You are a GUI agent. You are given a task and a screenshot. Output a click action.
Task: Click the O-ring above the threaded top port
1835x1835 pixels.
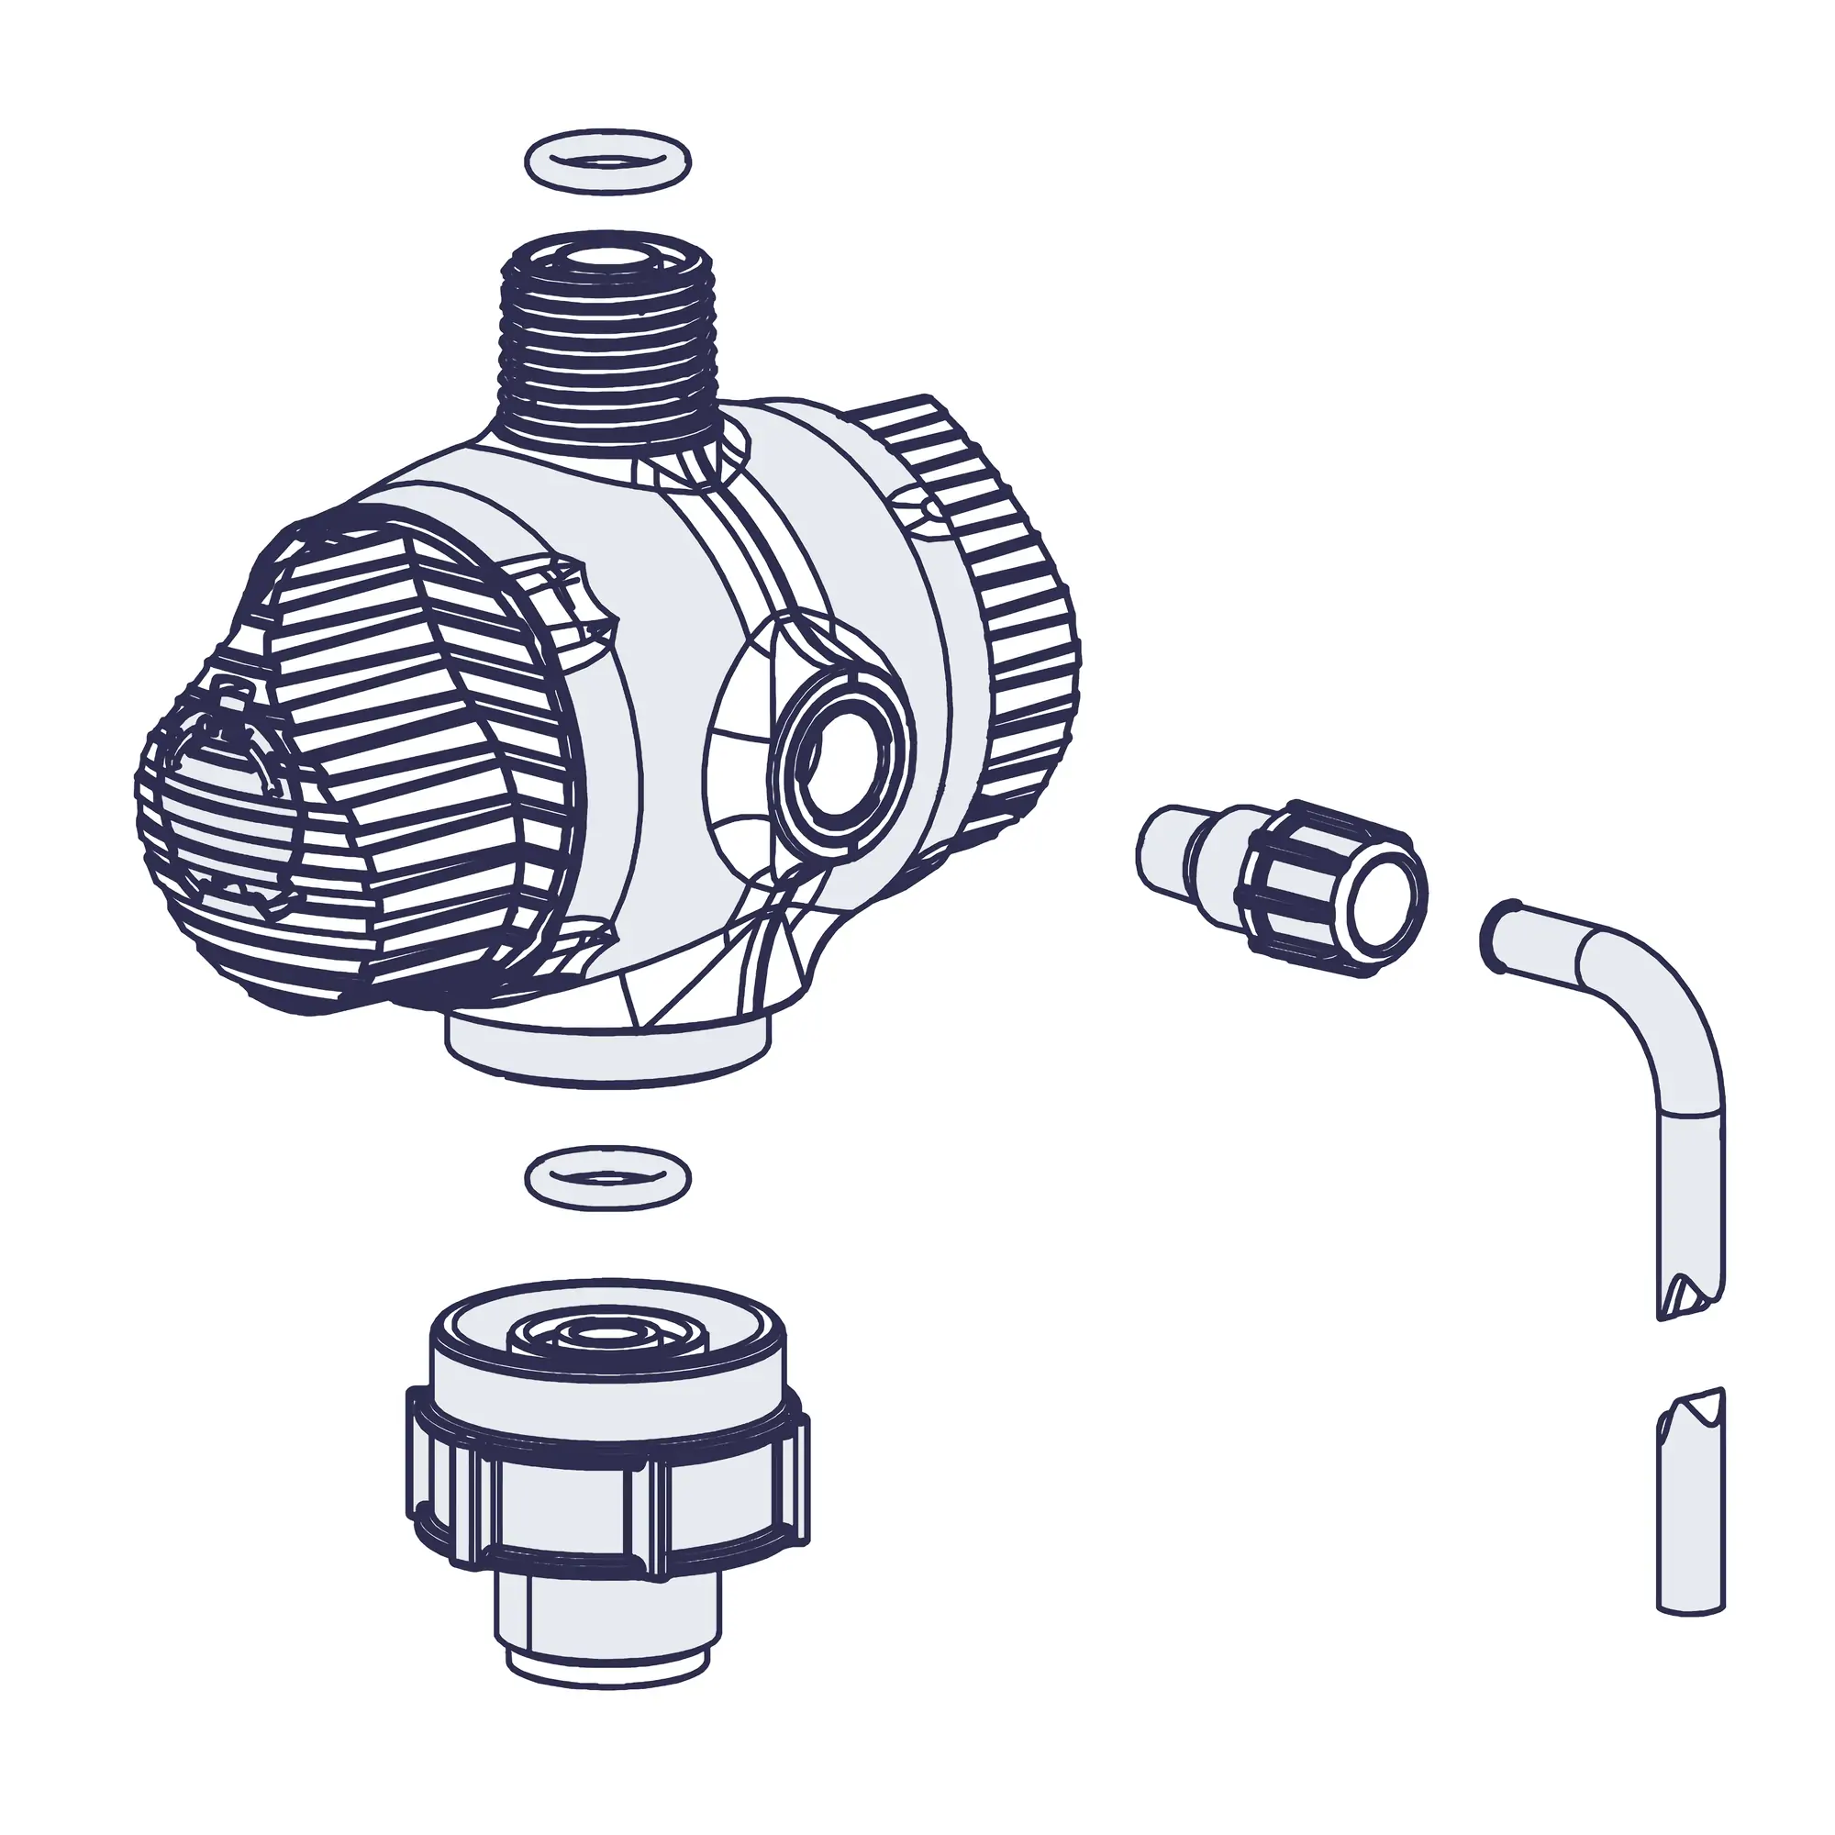point(608,161)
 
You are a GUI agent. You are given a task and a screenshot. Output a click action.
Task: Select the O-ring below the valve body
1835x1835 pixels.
point(608,1179)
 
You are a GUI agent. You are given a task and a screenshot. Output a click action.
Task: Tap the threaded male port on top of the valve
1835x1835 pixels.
point(608,342)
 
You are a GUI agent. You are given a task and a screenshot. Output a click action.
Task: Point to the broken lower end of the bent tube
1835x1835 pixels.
point(1691,1296)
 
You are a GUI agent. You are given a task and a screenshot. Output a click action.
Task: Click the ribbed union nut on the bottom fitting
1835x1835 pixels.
point(608,1501)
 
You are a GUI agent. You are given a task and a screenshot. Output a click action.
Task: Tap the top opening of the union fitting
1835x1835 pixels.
point(608,1334)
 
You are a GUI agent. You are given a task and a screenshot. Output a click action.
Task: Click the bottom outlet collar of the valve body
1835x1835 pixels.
point(608,1050)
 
